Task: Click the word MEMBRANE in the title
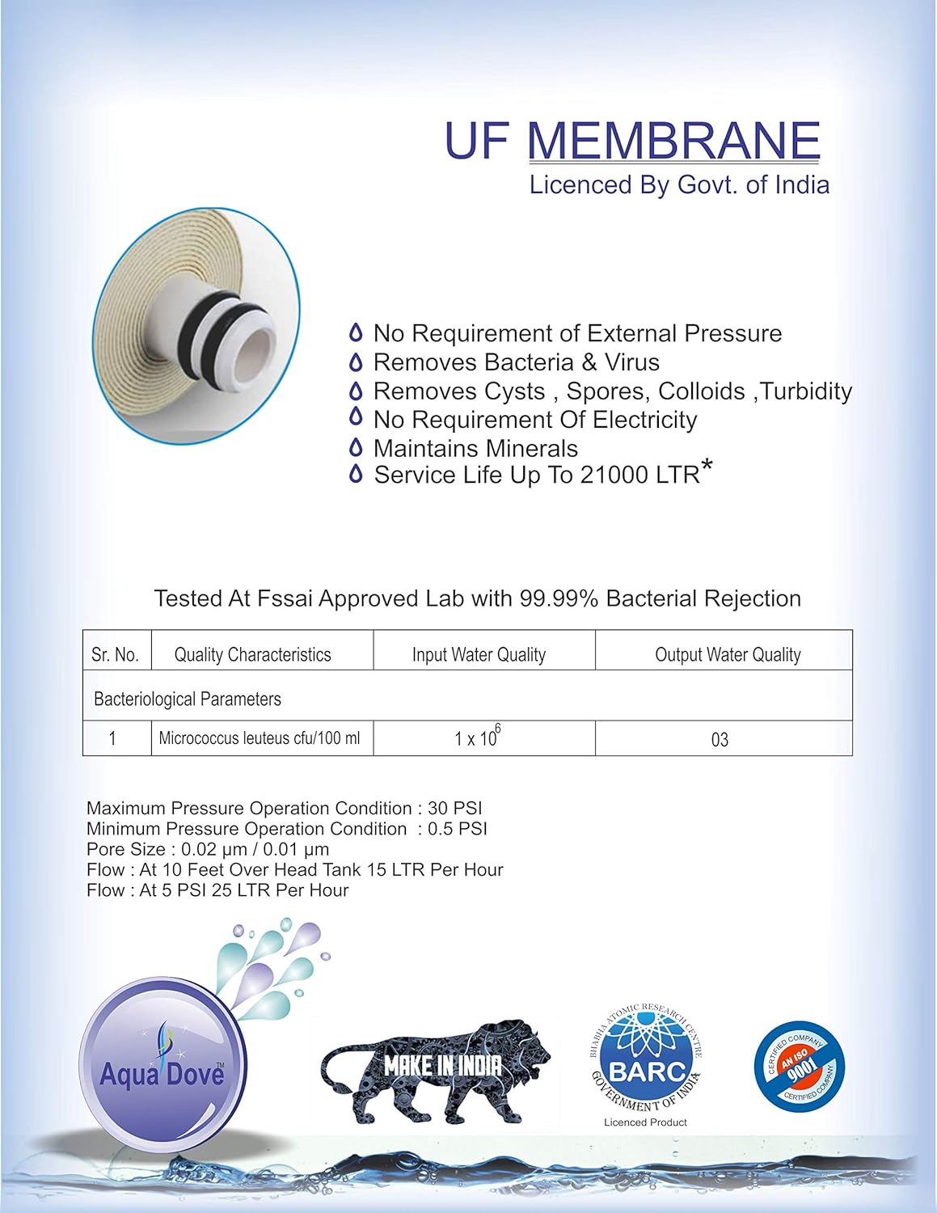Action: pyautogui.click(x=673, y=141)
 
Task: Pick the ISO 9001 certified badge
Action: pyautogui.click(x=799, y=1065)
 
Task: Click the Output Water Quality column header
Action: pyautogui.click(x=728, y=654)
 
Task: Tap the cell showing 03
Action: pyautogui.click(x=720, y=740)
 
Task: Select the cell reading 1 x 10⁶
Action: pyautogui.click(x=478, y=738)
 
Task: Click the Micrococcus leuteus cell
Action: pyautogui.click(x=260, y=738)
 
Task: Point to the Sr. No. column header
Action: pyautogui.click(x=116, y=654)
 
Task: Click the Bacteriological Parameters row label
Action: pyautogui.click(x=188, y=699)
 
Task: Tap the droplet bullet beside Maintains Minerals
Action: pyautogui.click(x=355, y=448)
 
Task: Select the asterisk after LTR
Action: pyautogui.click(x=707, y=467)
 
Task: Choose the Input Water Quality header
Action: pyautogui.click(x=479, y=654)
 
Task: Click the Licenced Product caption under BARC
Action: pyautogui.click(x=645, y=1122)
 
